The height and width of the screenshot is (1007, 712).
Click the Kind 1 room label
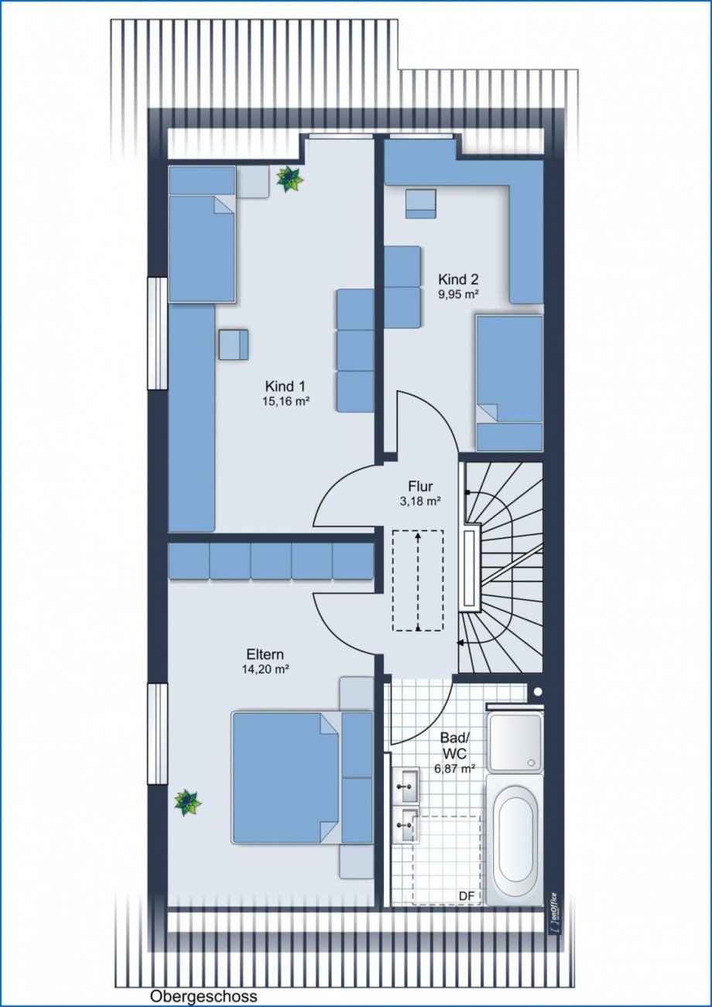286,386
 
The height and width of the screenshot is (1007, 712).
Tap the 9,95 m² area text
458,294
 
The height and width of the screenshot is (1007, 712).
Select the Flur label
420,486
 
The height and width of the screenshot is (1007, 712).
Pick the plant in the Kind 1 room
289,179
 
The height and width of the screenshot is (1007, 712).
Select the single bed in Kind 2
509,383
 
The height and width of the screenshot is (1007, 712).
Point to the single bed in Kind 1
202,234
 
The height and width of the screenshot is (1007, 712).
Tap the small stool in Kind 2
421,204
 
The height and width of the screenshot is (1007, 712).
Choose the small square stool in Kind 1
234,344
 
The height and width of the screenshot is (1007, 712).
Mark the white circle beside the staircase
539,691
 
